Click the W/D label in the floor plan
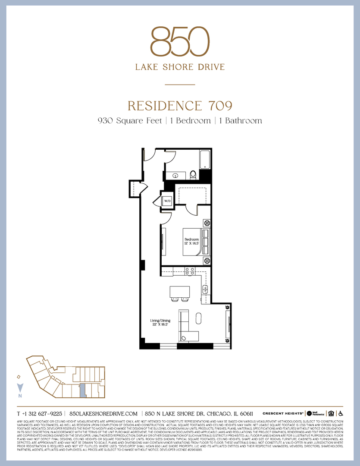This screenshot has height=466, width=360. coord(166,200)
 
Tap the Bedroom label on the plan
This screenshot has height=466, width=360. coord(192,239)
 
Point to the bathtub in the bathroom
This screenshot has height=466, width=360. coord(205,160)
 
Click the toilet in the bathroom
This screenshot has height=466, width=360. coord(193,175)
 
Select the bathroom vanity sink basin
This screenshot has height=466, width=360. coord(175,176)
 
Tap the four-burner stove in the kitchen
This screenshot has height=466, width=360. coord(189,271)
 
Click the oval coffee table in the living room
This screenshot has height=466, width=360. coord(199,319)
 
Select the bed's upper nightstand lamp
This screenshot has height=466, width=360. coord(207,224)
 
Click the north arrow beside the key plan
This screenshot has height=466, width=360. coord(19,388)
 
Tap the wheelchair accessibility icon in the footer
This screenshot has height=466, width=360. coord(340,413)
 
